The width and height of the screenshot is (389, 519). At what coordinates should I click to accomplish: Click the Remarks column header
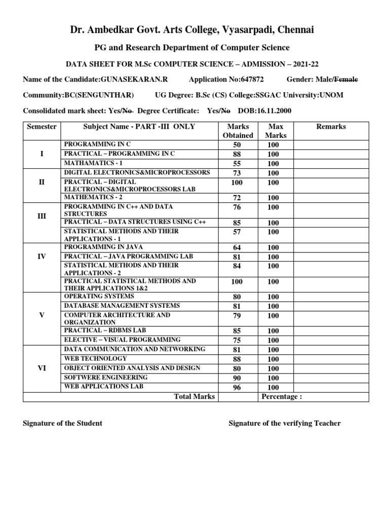[331, 126]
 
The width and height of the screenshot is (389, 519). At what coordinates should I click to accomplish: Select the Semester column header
[42, 126]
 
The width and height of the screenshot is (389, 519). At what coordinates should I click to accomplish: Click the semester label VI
[42, 368]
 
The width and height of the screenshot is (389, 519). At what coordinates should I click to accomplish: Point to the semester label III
[42, 216]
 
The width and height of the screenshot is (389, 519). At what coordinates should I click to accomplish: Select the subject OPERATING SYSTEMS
[99, 296]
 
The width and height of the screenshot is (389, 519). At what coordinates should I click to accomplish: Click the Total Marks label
[194, 397]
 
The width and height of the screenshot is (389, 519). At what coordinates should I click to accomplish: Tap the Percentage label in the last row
[282, 397]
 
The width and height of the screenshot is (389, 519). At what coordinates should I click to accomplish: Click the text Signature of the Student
[62, 423]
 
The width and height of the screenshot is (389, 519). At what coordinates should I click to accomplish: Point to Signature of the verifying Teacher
[285, 423]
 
